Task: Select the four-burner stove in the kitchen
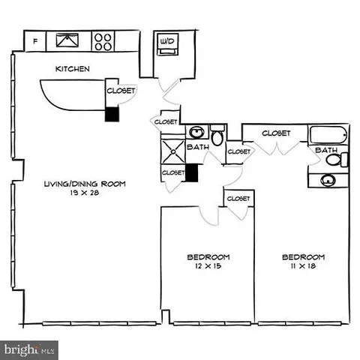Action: click(x=103, y=41)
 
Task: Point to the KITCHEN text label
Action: click(x=73, y=69)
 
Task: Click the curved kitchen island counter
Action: click(x=71, y=94)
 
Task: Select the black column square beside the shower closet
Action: click(x=191, y=172)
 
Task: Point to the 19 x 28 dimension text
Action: click(x=84, y=193)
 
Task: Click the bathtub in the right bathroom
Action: click(x=328, y=136)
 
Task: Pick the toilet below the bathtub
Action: click(x=333, y=159)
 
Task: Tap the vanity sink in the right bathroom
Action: click(x=328, y=181)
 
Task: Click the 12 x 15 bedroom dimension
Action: click(x=208, y=266)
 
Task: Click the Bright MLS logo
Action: click(x=30, y=349)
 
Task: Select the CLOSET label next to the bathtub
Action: click(x=276, y=133)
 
